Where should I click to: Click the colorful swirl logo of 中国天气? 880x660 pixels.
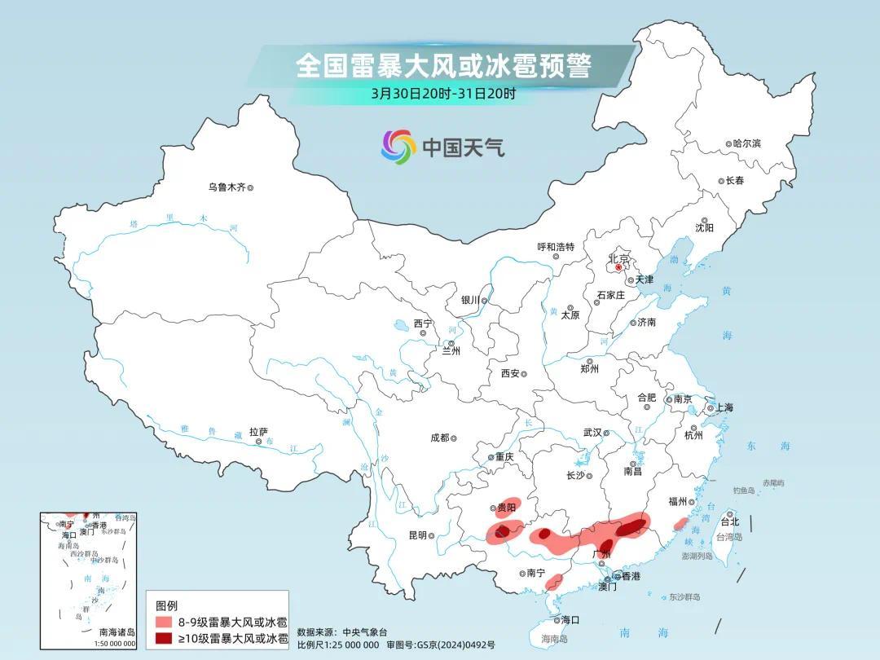[x=398, y=146]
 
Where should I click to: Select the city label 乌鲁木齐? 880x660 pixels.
[x=227, y=187]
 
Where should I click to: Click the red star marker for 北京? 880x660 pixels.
[x=618, y=267]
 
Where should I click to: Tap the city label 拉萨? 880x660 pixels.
[x=258, y=432]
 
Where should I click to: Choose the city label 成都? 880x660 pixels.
[x=439, y=438]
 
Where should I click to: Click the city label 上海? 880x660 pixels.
[x=724, y=408]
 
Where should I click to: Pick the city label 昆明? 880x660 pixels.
[x=417, y=535]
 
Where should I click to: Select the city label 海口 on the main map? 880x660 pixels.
[x=570, y=620]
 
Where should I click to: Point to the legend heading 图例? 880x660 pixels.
[x=166, y=605]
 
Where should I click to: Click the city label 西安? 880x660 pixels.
[x=510, y=373]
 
